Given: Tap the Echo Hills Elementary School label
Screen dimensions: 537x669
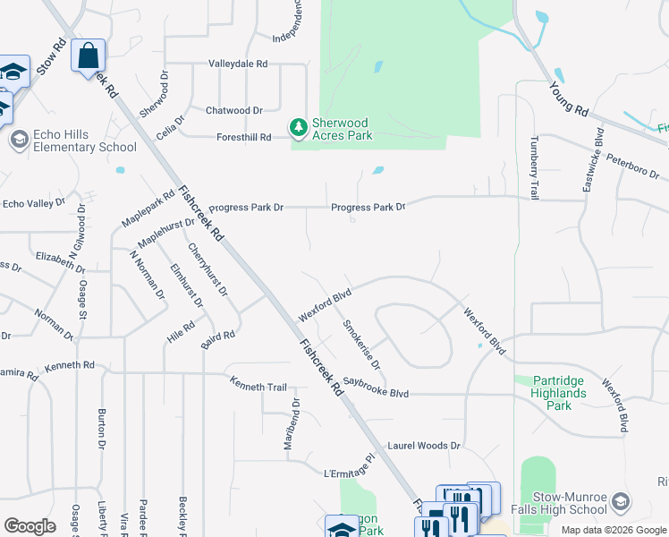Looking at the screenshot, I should click(x=85, y=141).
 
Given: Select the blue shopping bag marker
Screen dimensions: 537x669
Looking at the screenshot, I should click(x=89, y=56).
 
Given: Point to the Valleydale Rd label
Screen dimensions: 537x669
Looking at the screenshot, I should click(x=238, y=64).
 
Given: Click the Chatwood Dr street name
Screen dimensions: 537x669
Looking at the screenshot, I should click(x=234, y=110).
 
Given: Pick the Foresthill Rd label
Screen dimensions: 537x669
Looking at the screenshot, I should click(x=243, y=138).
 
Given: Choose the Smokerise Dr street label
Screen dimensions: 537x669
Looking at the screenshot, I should click(x=362, y=345).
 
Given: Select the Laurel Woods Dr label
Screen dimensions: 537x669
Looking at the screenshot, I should click(x=423, y=445).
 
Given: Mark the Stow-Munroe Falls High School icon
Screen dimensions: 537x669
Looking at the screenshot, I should click(x=622, y=503).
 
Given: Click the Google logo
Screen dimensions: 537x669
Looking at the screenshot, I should click(x=30, y=526).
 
